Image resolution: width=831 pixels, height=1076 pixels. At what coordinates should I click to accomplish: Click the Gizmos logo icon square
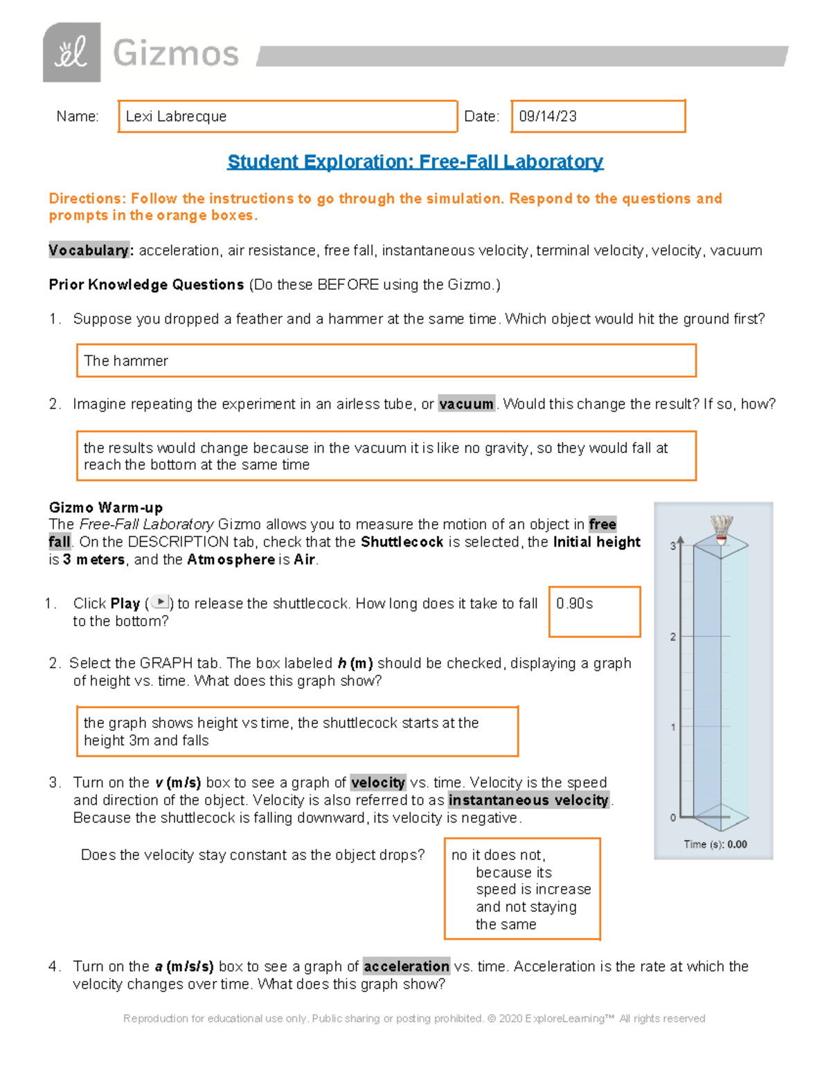(x=71, y=53)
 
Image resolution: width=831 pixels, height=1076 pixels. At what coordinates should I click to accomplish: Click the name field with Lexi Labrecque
(x=287, y=116)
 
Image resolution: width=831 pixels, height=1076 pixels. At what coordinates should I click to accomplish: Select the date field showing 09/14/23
(x=598, y=116)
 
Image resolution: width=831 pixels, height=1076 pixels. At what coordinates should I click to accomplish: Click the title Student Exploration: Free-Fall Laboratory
(x=415, y=161)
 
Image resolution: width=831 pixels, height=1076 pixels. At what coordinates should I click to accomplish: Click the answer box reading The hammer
(x=386, y=361)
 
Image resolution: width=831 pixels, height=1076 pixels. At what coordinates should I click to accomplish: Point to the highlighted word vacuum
(x=466, y=404)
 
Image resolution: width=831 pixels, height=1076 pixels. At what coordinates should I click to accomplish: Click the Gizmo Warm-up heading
(x=105, y=507)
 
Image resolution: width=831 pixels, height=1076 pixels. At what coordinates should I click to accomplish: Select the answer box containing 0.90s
(x=594, y=612)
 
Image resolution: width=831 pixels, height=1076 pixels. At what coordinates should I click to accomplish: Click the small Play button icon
(x=160, y=603)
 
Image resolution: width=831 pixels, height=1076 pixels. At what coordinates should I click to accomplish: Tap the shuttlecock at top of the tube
(x=722, y=529)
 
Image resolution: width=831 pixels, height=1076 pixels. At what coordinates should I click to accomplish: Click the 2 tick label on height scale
(x=672, y=637)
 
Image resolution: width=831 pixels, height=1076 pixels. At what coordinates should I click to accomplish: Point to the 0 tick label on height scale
(x=672, y=818)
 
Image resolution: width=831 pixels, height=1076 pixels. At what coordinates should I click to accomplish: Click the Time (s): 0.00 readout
(x=715, y=844)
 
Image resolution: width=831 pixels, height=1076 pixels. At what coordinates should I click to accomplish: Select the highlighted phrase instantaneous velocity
(x=528, y=800)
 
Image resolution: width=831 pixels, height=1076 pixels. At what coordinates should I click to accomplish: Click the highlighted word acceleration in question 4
(x=406, y=966)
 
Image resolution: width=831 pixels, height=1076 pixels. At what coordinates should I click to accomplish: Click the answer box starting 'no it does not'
(x=522, y=889)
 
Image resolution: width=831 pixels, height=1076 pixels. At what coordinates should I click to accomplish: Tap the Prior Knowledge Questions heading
(x=146, y=285)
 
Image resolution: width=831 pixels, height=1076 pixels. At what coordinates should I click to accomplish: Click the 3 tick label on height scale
(x=672, y=546)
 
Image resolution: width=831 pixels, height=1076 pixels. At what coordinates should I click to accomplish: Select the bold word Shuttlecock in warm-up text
(x=402, y=542)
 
